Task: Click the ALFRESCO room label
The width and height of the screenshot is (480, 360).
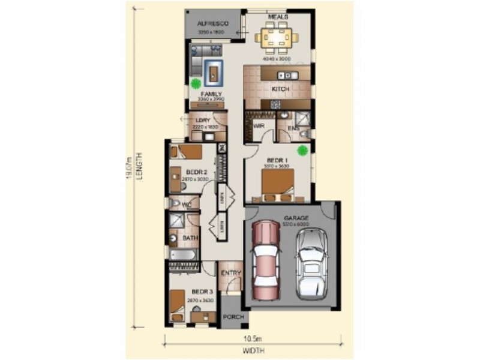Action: pyautogui.click(x=213, y=23)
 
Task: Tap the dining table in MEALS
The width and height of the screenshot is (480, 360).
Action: pyautogui.click(x=277, y=39)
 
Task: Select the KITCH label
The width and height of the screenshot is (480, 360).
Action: pyautogui.click(x=281, y=89)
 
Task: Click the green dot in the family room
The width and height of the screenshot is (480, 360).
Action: pyautogui.click(x=196, y=85)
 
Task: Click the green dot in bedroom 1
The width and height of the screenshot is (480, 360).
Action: pyautogui.click(x=303, y=150)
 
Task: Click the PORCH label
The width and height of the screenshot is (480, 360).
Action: pyautogui.click(x=232, y=316)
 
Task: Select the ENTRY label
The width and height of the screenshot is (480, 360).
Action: pyautogui.click(x=231, y=274)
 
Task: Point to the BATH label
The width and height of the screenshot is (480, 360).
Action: pyautogui.click(x=190, y=238)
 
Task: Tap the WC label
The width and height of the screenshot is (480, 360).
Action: pyautogui.click(x=187, y=205)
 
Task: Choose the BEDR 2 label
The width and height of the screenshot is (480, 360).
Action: pyautogui.click(x=180, y=172)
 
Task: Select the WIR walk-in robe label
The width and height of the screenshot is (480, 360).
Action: pyautogui.click(x=259, y=127)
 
